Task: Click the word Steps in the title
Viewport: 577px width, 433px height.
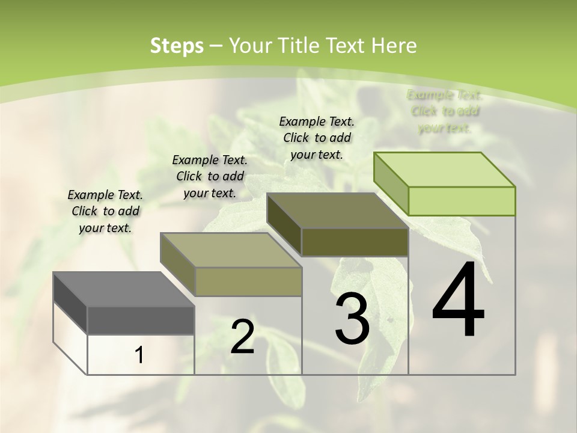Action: [177, 46]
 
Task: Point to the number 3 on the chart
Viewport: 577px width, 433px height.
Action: [352, 319]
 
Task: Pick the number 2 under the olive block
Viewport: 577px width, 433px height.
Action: [242, 337]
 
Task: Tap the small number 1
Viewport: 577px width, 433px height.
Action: [139, 355]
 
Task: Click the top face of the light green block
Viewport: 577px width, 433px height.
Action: [445, 170]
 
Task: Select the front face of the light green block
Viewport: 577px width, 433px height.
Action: [462, 201]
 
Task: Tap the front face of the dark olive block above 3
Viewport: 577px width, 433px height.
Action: [355, 242]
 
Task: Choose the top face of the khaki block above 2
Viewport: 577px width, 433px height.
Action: [231, 250]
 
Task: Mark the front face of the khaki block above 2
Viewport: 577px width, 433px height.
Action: [248, 281]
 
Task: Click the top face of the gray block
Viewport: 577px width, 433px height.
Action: [124, 289]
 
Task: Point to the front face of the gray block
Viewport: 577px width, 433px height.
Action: [141, 321]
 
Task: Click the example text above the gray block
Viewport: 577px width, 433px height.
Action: [105, 211]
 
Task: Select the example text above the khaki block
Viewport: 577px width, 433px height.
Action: [210, 176]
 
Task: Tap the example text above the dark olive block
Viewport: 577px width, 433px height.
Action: [317, 138]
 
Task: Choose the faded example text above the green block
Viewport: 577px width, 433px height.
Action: [445, 111]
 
